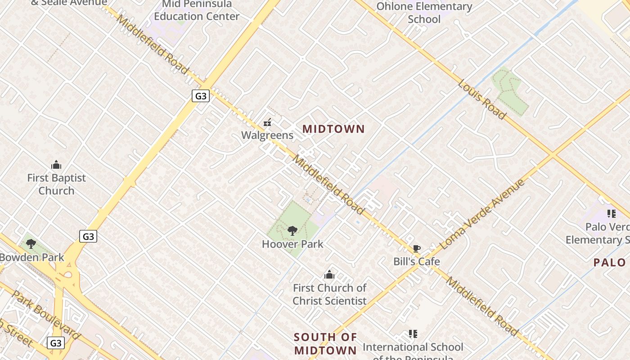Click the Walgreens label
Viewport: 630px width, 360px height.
(267, 135)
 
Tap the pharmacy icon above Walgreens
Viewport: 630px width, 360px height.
(267, 122)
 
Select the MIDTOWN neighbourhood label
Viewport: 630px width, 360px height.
(333, 129)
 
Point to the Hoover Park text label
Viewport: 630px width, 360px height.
(292, 244)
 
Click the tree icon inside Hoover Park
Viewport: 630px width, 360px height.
(292, 231)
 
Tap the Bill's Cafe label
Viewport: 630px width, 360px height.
(417, 261)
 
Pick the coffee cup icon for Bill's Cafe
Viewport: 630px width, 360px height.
(417, 248)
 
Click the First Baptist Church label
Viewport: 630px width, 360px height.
(56, 184)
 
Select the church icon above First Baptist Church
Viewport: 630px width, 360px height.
(56, 165)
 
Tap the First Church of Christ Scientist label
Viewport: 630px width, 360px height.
(329, 294)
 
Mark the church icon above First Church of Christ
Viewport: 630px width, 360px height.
(329, 274)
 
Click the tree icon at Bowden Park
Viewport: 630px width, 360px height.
(31, 244)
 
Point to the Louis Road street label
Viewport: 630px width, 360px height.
(482, 99)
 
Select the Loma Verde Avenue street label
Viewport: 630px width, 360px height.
(482, 214)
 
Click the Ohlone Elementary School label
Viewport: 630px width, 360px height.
(424, 13)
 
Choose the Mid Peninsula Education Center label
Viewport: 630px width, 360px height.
(197, 10)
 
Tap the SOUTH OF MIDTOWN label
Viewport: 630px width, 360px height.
(325, 343)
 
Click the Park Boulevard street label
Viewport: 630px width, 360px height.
(45, 315)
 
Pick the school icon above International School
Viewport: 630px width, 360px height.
(413, 334)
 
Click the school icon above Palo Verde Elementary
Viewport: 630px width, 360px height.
(611, 214)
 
